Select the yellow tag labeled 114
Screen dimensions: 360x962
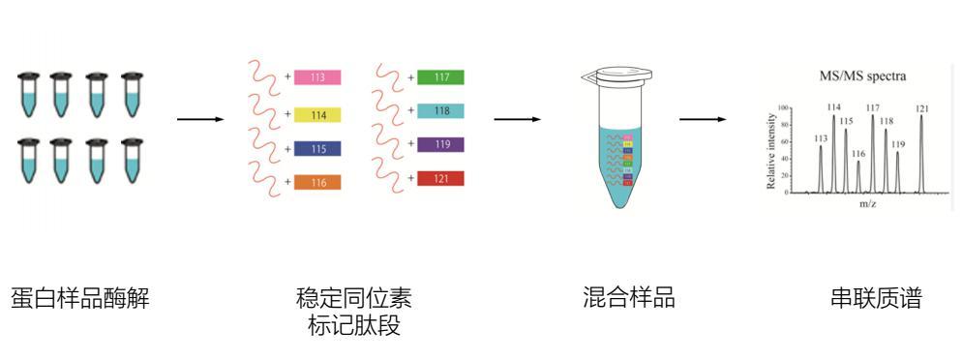point(317,115)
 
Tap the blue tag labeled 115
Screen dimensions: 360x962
point(317,149)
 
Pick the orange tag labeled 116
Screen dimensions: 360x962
point(317,182)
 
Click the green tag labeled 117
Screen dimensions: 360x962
point(440,77)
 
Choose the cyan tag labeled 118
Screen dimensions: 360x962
point(440,111)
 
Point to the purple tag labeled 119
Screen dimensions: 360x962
point(440,145)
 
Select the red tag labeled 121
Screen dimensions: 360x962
point(440,178)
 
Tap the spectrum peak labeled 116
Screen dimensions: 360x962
point(857,176)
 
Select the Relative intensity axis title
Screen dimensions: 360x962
point(771,150)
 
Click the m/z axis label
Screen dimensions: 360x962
point(867,204)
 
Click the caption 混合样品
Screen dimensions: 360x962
point(629,298)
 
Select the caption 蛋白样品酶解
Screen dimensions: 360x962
point(80,298)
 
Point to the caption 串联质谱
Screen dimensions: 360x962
point(876,298)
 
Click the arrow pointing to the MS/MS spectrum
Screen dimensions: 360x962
point(702,120)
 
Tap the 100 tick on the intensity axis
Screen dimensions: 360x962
point(783,106)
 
